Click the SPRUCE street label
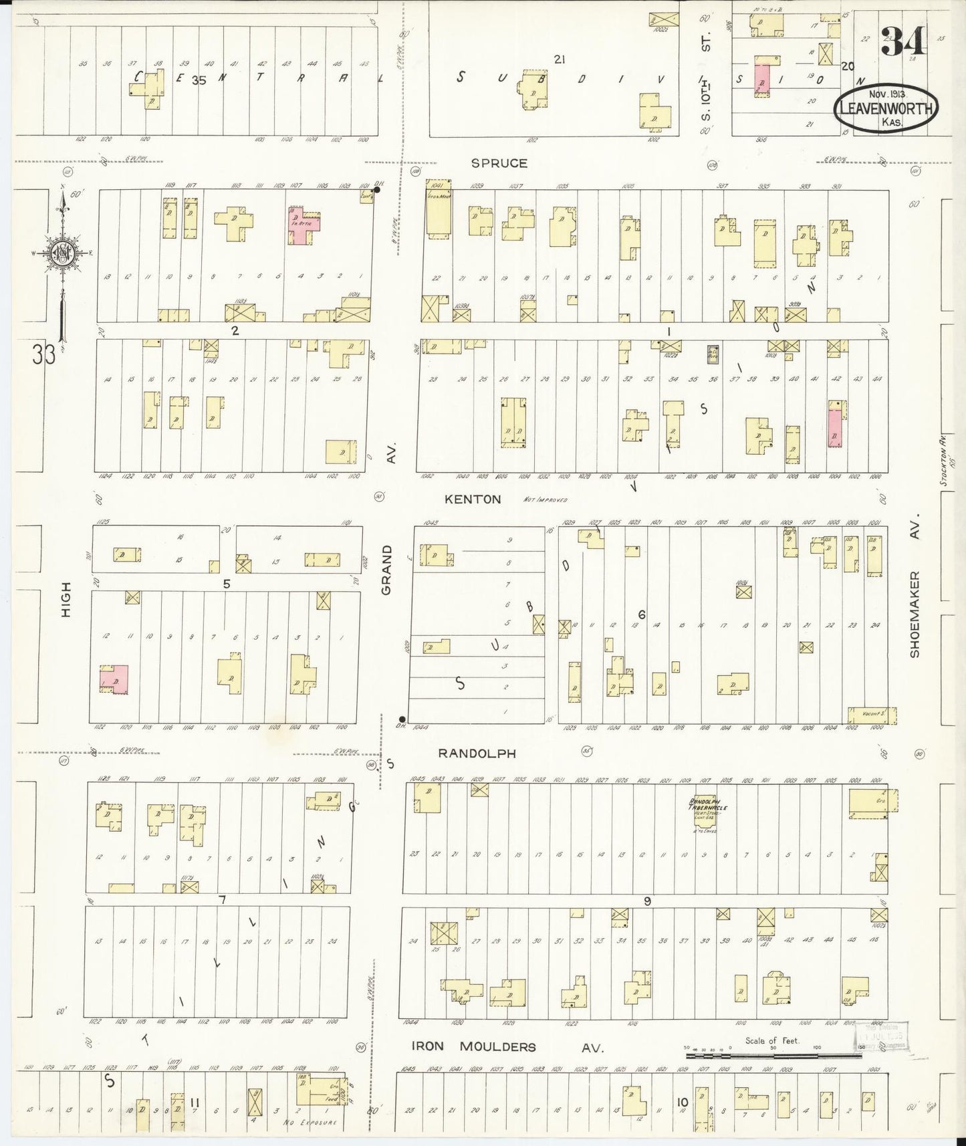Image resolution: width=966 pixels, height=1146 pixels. click(499, 163)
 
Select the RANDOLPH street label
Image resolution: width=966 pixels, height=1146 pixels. click(477, 753)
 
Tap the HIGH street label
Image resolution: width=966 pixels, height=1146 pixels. click(66, 599)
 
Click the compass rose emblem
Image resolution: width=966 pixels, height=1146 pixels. click(61, 253)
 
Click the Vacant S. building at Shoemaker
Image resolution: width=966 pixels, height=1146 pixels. click(867, 715)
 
